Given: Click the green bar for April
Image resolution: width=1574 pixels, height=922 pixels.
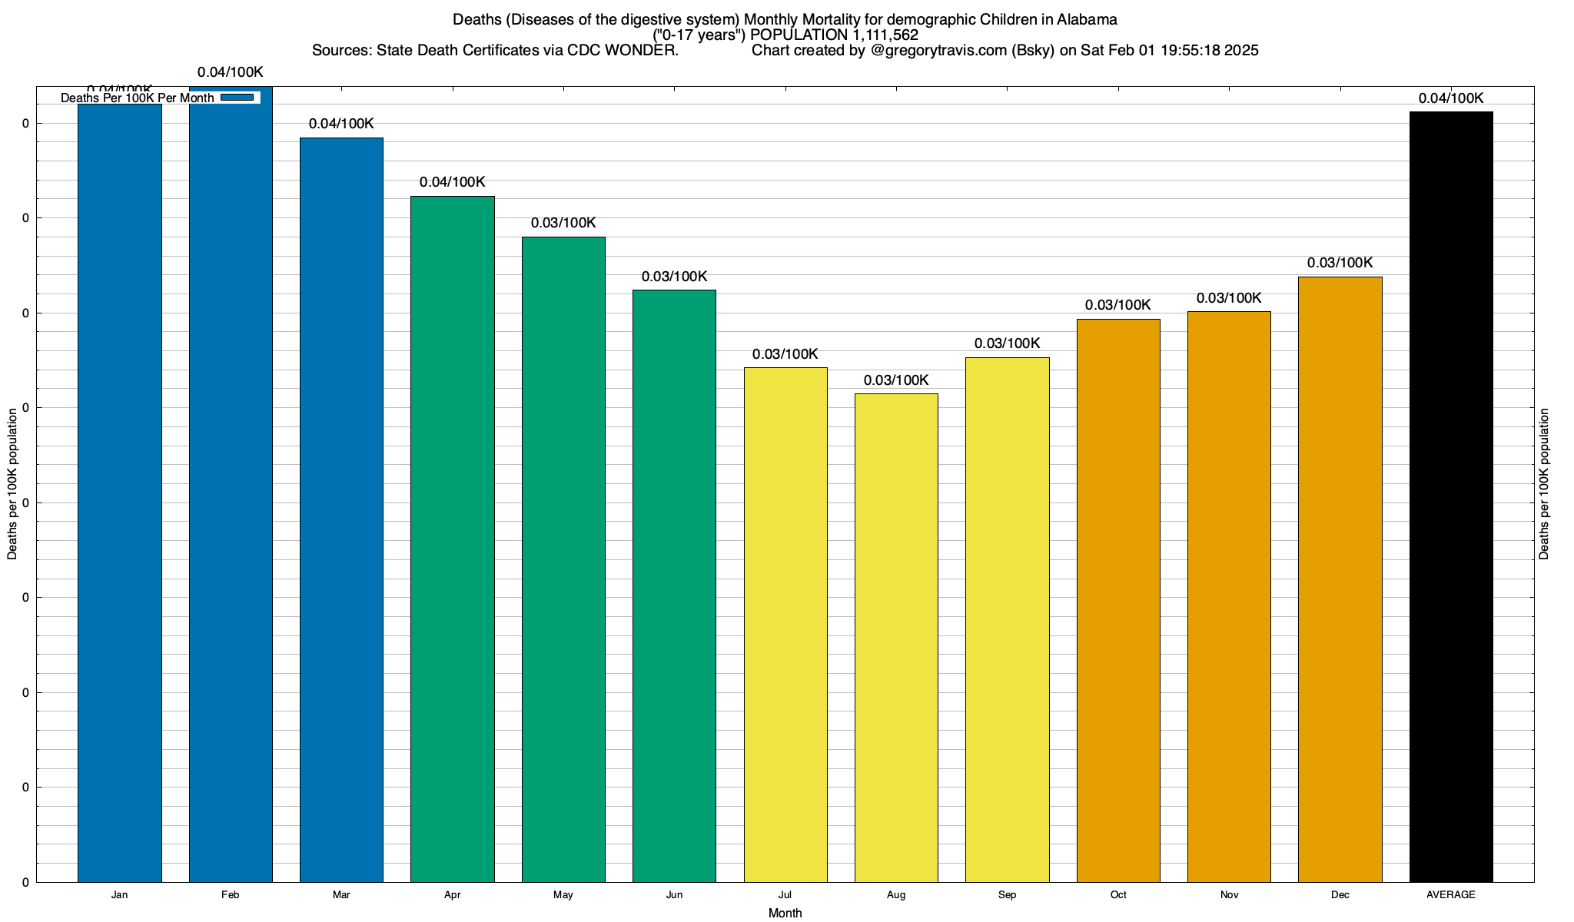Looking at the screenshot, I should tap(453, 538).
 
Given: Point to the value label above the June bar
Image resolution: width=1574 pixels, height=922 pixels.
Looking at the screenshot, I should tap(674, 277).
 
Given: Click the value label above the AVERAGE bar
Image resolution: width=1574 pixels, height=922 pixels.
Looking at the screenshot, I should tap(1451, 98).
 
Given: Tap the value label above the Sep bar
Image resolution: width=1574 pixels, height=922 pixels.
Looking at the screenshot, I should tap(1007, 343).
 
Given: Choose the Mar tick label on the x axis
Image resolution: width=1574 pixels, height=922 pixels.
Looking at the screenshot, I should tap(341, 895).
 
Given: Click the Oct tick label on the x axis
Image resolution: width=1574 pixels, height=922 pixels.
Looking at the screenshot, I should tap(1118, 895).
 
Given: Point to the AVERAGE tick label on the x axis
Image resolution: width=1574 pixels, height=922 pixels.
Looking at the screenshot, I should tap(1451, 895).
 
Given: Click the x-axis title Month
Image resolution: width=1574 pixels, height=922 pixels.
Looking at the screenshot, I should tap(785, 913).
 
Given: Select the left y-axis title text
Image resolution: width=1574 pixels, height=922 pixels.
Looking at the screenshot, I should tap(12, 484).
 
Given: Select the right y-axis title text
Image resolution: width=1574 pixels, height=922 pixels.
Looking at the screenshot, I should tap(1544, 484).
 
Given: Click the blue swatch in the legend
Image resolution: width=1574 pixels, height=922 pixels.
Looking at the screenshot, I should tap(237, 98).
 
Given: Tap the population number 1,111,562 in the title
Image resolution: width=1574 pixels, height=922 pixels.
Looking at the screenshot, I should tap(885, 35).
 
